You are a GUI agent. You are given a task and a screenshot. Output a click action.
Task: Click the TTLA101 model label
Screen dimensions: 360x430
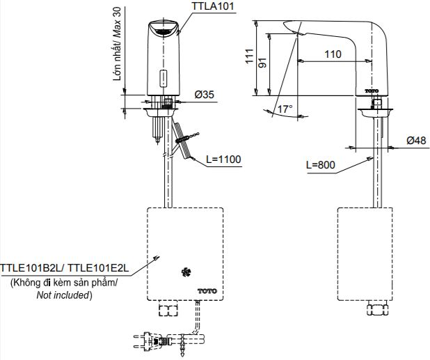214,8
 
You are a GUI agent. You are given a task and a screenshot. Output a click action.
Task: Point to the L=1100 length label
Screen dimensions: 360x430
223,159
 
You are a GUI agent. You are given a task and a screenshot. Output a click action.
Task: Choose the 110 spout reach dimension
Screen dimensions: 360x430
333,54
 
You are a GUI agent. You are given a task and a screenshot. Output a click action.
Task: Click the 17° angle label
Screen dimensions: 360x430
285,109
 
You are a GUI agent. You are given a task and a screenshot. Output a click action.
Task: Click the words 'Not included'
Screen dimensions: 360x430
63,295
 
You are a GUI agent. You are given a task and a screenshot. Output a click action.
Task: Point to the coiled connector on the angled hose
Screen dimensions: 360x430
184,140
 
